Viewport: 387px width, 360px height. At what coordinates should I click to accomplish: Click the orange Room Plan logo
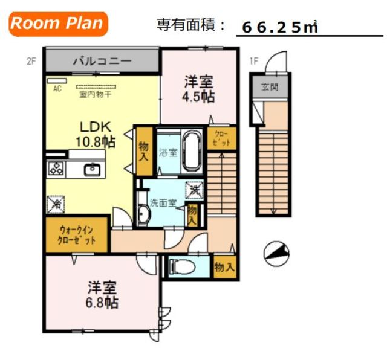[x=58, y=24]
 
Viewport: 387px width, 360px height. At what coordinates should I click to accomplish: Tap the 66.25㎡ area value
[x=280, y=27]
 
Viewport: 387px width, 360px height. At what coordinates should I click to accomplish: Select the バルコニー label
[x=101, y=61]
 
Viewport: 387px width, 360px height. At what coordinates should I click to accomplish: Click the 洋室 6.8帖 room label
[x=101, y=294]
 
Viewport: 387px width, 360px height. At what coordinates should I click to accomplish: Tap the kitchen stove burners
[x=56, y=169]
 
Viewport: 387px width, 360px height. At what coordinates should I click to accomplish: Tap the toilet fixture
[x=181, y=266]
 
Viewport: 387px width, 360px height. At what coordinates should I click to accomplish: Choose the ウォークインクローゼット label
[x=77, y=234]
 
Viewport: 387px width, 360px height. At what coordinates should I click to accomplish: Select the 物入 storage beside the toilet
[x=224, y=266]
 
